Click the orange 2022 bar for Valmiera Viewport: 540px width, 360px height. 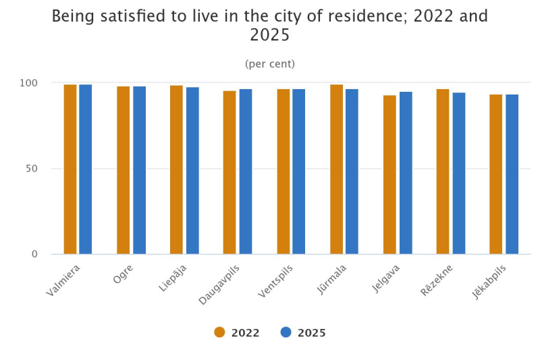[70, 169]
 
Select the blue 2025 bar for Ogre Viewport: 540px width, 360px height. [139, 170]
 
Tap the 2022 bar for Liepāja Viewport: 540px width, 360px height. [176, 170]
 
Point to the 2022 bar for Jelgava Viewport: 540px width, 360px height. [389, 174]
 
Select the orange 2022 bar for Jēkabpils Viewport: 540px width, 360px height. [495, 174]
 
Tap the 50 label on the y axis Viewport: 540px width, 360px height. [32, 169]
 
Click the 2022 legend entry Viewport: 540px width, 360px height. [237, 332]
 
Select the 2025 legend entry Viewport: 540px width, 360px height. [303, 332]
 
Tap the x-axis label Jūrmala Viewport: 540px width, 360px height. [331, 279]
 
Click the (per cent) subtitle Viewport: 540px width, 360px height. [270, 64]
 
